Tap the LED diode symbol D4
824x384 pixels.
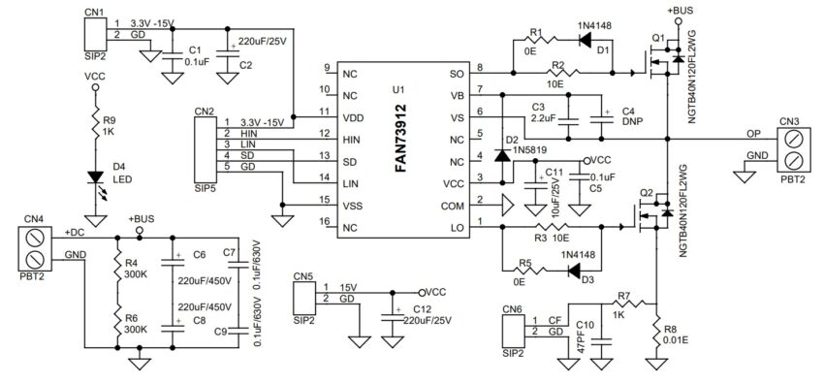click(95, 177)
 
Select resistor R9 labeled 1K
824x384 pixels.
click(95, 124)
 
